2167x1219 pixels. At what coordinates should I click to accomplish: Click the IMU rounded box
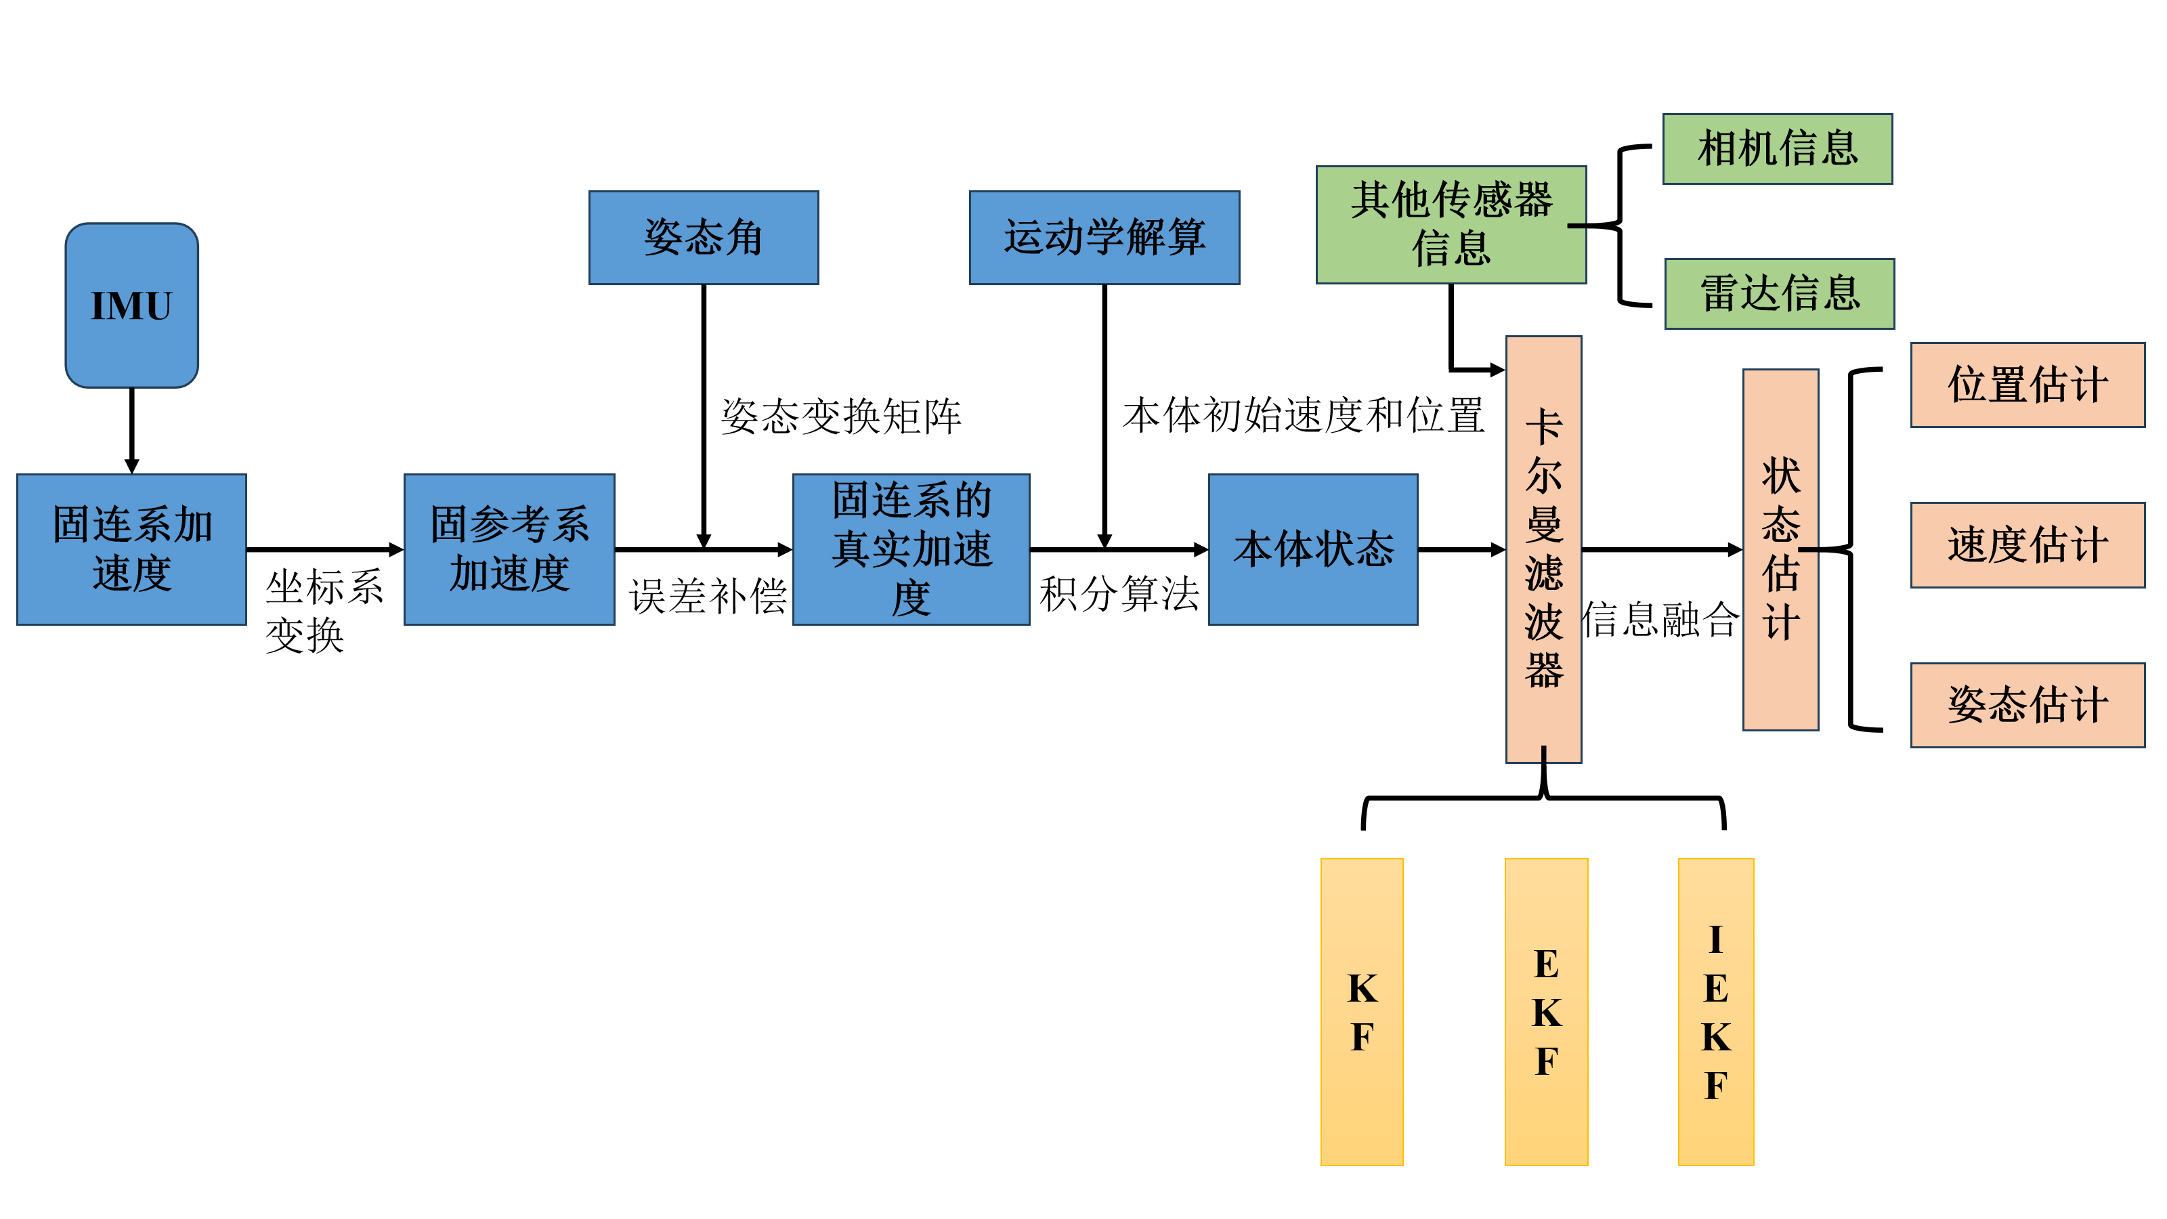click(x=132, y=305)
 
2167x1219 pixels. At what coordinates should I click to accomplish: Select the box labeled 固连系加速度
click(x=132, y=549)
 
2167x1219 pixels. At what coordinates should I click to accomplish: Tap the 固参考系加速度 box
click(x=509, y=549)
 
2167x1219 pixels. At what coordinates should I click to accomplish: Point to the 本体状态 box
click(x=1312, y=549)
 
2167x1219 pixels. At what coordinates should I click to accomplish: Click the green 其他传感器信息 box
click(x=1451, y=225)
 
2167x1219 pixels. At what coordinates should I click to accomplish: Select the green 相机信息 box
click(x=1777, y=149)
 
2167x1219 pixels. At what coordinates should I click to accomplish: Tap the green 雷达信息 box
click(x=1779, y=294)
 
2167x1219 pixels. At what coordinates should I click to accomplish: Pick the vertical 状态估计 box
click(x=1780, y=549)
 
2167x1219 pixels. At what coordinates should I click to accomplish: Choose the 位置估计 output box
click(x=2027, y=385)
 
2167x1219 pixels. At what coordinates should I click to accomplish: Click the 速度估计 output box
click(x=2027, y=545)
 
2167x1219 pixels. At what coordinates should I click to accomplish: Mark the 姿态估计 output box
click(x=2027, y=705)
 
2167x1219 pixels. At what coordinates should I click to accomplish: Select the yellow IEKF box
click(x=1715, y=1011)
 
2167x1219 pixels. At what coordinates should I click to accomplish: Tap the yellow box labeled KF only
click(x=1361, y=1011)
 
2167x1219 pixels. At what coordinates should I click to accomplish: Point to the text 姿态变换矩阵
click(x=840, y=416)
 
